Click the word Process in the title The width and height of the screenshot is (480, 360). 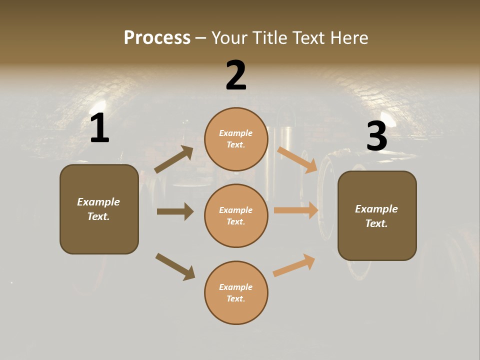pyautogui.click(x=157, y=38)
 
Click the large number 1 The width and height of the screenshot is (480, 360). pyautogui.click(x=99, y=128)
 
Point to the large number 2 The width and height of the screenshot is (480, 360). pyautogui.click(x=236, y=75)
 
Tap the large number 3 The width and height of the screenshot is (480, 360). pyautogui.click(x=376, y=136)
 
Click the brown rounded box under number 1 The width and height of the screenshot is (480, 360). pyautogui.click(x=99, y=209)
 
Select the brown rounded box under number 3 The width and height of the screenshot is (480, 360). pyautogui.click(x=377, y=215)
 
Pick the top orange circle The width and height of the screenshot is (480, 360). pyautogui.click(x=236, y=139)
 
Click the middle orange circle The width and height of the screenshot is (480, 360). pyautogui.click(x=236, y=215)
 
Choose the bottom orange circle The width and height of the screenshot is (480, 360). pyautogui.click(x=236, y=292)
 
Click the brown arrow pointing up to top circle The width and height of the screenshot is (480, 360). pyautogui.click(x=174, y=159)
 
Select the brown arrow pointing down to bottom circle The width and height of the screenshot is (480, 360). pyautogui.click(x=175, y=266)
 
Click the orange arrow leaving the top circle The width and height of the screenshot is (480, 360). pyautogui.click(x=297, y=159)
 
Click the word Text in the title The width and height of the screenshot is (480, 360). pyautogui.click(x=308, y=38)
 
